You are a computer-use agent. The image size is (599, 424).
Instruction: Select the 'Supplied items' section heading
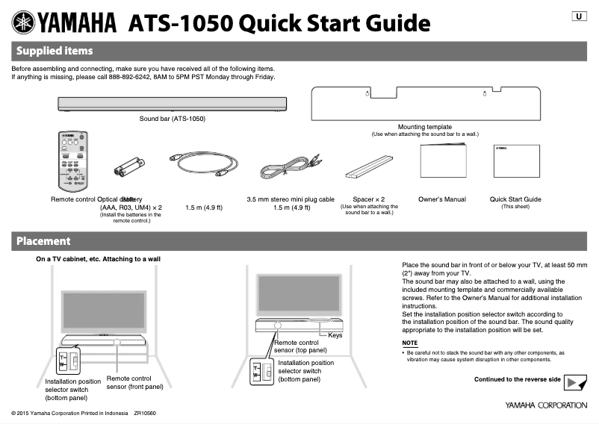click(55, 51)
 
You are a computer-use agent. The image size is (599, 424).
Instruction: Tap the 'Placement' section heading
click(43, 241)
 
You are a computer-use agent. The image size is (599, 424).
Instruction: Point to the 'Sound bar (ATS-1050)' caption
click(172, 119)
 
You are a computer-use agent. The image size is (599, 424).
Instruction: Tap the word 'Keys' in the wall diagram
click(335, 336)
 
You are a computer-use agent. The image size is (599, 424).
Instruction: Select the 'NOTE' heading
click(410, 343)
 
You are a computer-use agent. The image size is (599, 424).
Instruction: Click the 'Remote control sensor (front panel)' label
click(134, 383)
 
